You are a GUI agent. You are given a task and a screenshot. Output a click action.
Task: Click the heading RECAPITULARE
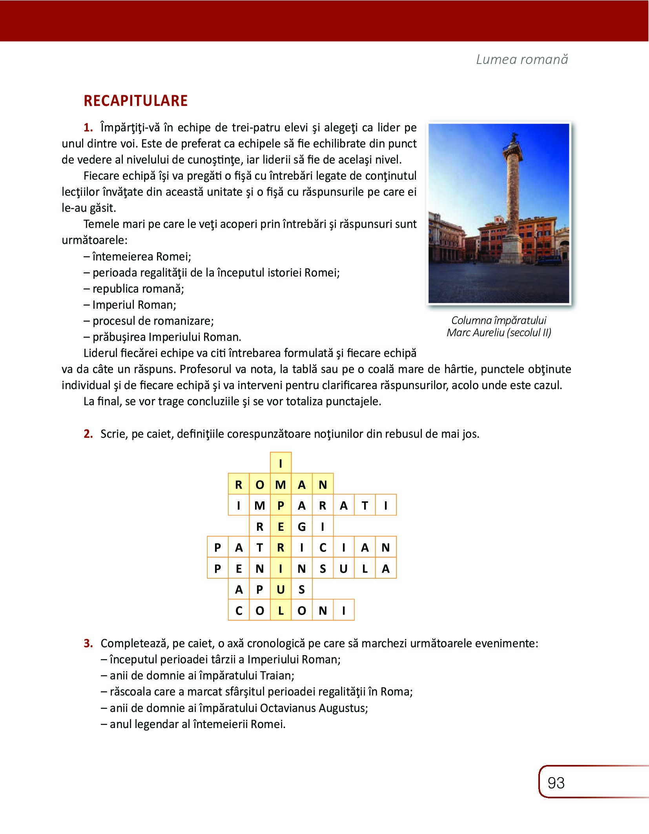click(135, 101)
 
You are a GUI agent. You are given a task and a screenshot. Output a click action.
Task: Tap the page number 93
click(556, 783)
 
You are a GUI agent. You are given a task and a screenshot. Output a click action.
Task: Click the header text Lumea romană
click(522, 59)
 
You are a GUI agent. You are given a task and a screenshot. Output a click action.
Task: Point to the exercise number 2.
click(88, 434)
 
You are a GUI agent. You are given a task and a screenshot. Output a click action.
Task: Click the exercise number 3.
click(88, 643)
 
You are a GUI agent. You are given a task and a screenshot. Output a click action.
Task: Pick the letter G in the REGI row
click(302, 527)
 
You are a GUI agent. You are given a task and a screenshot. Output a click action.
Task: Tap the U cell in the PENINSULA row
click(344, 569)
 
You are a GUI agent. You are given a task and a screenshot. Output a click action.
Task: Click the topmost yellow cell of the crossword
click(281, 464)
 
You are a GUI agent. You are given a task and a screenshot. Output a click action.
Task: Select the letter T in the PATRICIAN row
click(260, 548)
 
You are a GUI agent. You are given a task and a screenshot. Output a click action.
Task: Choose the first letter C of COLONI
click(239, 611)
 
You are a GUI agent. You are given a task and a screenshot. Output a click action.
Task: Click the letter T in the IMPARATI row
click(365, 506)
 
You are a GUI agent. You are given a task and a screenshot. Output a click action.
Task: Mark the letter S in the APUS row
click(302, 590)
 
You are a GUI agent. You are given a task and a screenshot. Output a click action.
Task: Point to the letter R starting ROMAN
click(239, 485)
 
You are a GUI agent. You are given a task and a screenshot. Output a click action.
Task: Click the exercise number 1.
click(88, 127)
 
